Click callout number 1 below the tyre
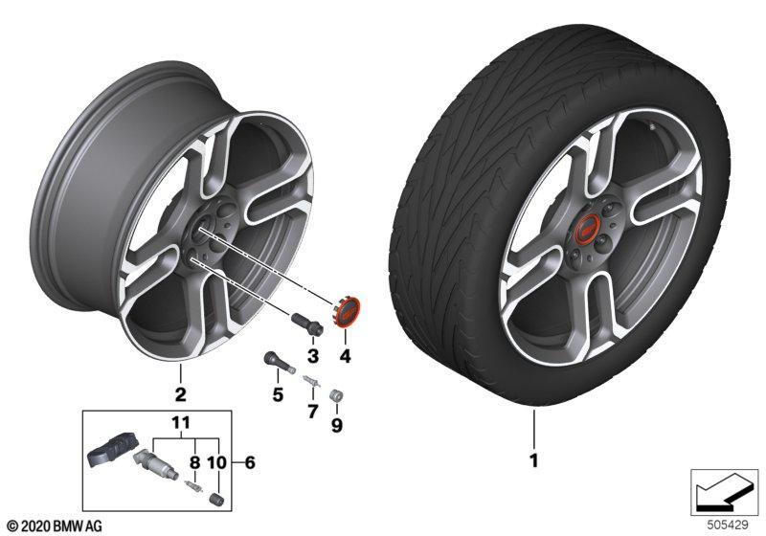534,460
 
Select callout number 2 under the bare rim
181,394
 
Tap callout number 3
313,356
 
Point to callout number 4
346,357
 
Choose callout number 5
278,394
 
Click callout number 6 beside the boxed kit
250,462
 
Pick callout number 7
313,412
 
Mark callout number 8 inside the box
195,462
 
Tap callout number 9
337,426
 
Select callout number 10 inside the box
217,462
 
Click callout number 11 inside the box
180,422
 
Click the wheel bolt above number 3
306,324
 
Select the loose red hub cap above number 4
346,311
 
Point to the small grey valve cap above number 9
337,394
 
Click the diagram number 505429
728,525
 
